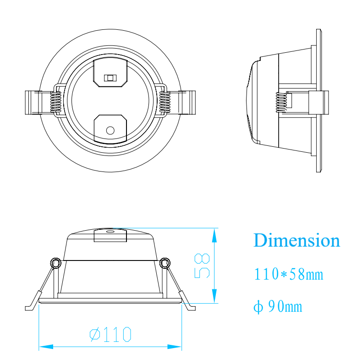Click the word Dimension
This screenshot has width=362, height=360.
(296, 240)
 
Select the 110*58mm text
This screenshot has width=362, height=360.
(289, 274)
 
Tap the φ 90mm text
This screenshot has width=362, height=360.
(278, 306)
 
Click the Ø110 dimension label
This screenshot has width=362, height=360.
(110, 334)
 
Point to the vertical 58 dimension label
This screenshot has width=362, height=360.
(202, 266)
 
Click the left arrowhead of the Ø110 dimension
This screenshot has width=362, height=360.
(46, 347)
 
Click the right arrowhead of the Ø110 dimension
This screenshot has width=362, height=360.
(174, 347)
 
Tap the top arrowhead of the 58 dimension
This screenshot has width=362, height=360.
(214, 235)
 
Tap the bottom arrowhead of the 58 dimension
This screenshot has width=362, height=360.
(214, 296)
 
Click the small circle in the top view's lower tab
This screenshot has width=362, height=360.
(110, 131)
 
